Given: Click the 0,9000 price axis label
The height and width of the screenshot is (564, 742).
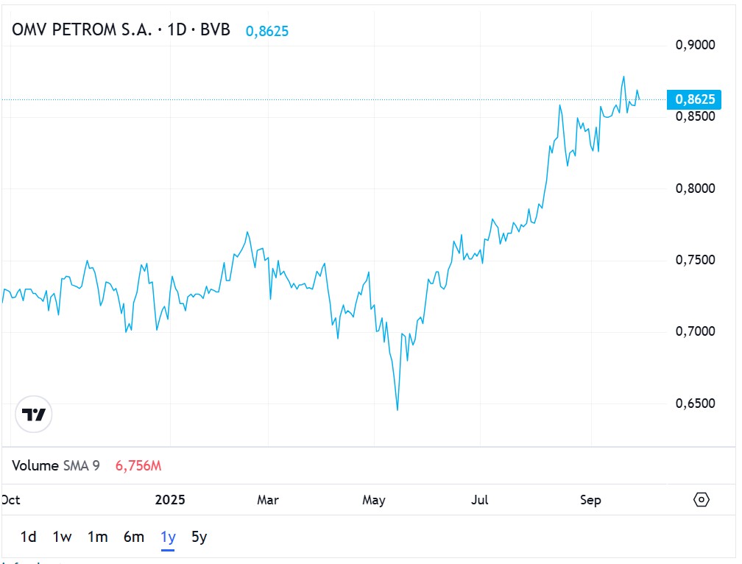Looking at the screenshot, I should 694,45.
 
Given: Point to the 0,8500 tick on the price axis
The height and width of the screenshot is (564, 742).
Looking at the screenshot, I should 694,116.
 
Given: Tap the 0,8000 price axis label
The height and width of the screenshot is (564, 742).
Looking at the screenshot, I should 694,188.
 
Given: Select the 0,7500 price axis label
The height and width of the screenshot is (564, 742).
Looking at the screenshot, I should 694,260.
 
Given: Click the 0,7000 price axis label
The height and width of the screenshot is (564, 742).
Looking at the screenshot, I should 694,332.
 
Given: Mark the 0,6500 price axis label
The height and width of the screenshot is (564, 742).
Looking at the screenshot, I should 694,403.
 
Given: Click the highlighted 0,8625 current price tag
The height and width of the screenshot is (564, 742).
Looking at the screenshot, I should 694,99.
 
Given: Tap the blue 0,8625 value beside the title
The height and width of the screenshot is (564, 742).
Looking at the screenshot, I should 266,32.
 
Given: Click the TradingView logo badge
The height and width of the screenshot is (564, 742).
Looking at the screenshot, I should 34,415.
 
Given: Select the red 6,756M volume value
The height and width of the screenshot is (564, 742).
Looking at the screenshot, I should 138,465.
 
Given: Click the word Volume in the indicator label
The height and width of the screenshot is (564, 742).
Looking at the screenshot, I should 35,465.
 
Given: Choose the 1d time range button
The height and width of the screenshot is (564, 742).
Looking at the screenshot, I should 28,537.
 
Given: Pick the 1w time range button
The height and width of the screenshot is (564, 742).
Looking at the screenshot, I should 62,537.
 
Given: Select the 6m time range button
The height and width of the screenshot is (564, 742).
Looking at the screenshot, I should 133,537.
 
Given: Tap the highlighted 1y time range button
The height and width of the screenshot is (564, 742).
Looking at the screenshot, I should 168,537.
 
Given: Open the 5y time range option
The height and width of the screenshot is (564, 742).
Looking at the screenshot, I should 199,537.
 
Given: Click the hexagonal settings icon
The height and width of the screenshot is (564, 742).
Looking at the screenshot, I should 702,500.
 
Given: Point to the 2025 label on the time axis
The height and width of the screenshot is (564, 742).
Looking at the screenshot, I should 170,500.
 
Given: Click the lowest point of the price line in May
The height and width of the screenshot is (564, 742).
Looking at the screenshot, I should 397,410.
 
